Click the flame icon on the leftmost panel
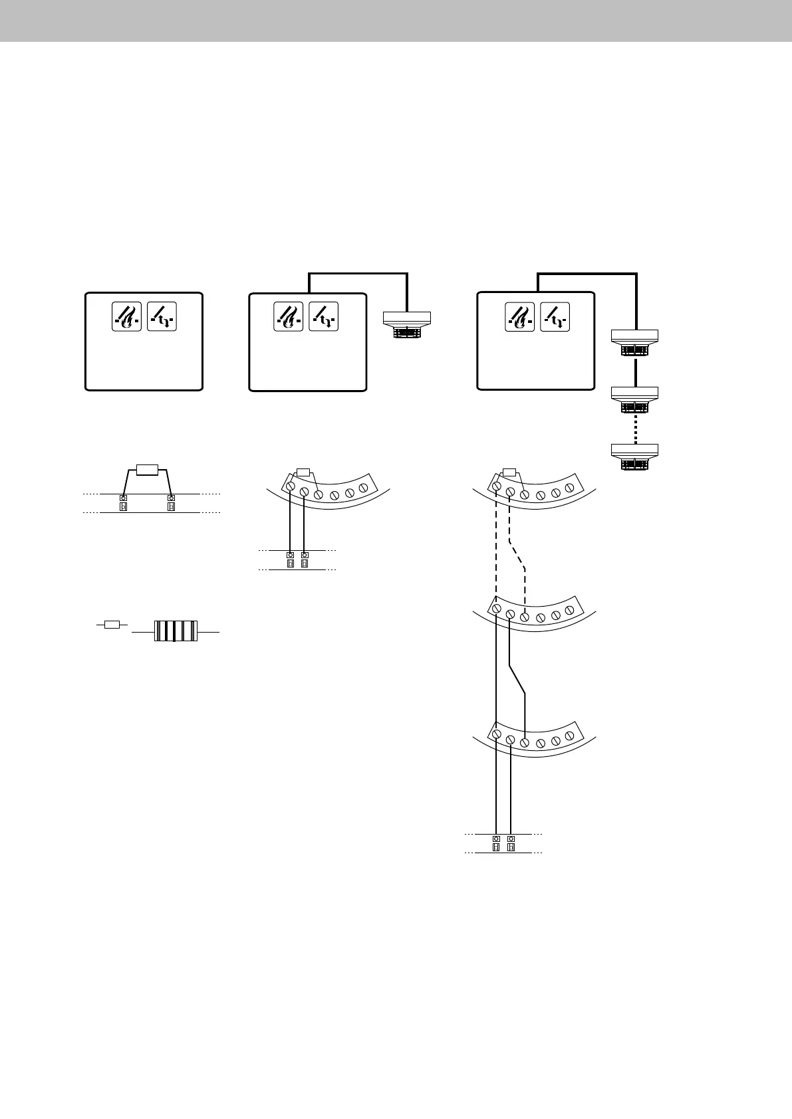pyautogui.click(x=127, y=316)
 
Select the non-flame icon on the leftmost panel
pyautogui.click(x=162, y=316)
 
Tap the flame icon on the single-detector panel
pyautogui.click(x=289, y=316)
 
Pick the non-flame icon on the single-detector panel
pyautogui.click(x=324, y=316)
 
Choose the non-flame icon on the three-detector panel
pyautogui.click(x=555, y=316)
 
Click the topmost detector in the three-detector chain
pyautogui.click(x=634, y=342)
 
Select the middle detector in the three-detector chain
pyautogui.click(x=634, y=400)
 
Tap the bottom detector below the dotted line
pyautogui.click(x=634, y=457)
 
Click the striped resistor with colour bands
pyautogui.click(x=176, y=631)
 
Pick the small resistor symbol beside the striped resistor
pyautogui.click(x=112, y=625)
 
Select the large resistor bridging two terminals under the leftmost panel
pyautogui.click(x=146, y=470)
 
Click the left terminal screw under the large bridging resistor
pyautogui.click(x=123, y=498)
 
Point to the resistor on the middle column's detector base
pyautogui.click(x=303, y=472)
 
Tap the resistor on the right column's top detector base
pyautogui.click(x=509, y=472)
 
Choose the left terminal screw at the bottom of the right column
pyautogui.click(x=496, y=839)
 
